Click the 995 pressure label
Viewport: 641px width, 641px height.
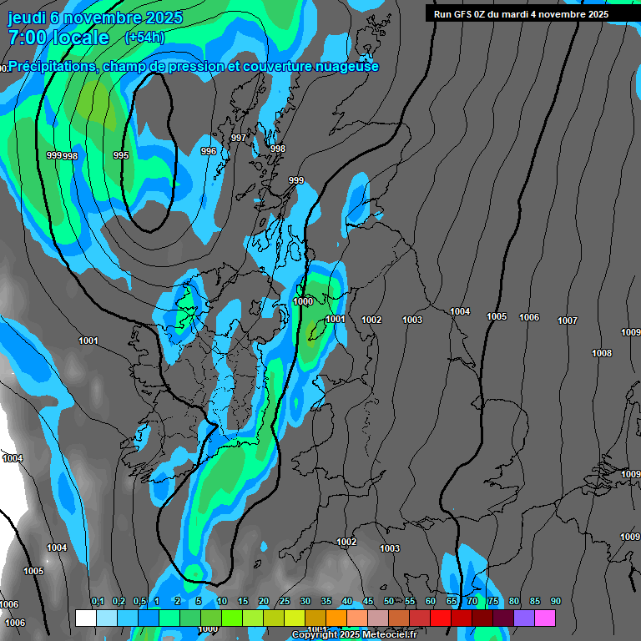coord(121,155)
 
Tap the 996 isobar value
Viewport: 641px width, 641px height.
coord(209,151)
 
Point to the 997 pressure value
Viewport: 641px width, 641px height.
coord(239,138)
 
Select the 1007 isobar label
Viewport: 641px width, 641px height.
coord(568,320)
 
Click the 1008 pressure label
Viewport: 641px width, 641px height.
coord(602,353)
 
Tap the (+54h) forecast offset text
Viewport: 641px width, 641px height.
coord(144,38)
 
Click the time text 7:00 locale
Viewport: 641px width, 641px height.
coord(58,38)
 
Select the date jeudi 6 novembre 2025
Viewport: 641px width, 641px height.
coord(94,18)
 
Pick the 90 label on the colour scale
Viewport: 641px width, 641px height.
coord(555,601)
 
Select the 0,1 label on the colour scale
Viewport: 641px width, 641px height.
coord(98,601)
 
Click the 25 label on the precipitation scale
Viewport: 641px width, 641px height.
coord(285,601)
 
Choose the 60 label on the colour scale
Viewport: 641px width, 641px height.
coord(431,601)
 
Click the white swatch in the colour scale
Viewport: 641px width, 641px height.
coord(85,618)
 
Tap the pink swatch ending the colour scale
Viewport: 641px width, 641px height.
coord(545,618)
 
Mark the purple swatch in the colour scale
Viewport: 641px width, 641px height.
coord(524,618)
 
